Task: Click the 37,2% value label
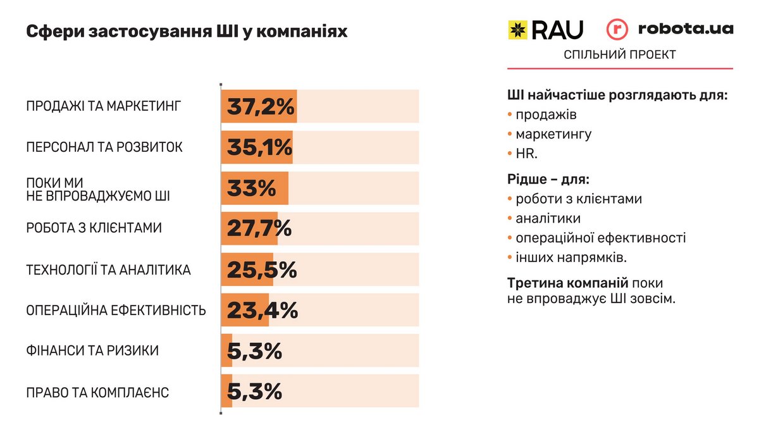pyautogui.click(x=261, y=107)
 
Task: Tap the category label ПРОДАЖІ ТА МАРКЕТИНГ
pyautogui.click(x=104, y=106)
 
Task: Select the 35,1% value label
pyautogui.click(x=259, y=147)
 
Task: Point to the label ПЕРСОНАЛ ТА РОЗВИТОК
pyautogui.click(x=104, y=147)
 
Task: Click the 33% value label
pyautogui.click(x=251, y=189)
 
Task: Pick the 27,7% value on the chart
pyautogui.click(x=259, y=229)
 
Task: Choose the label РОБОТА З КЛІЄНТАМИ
pyautogui.click(x=94, y=228)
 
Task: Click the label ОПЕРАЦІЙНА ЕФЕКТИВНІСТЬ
pyautogui.click(x=116, y=311)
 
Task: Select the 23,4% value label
pyautogui.click(x=262, y=311)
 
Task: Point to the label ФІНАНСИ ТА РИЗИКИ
pyautogui.click(x=92, y=350)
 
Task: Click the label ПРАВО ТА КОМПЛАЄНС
pyautogui.click(x=97, y=392)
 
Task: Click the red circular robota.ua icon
pyautogui.click(x=617, y=30)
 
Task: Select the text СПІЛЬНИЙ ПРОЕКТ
pyautogui.click(x=619, y=55)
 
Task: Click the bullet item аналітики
pyautogui.click(x=548, y=218)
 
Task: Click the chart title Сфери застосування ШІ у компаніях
pyautogui.click(x=187, y=32)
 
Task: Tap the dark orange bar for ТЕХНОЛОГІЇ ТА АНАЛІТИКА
pyautogui.click(x=247, y=270)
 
